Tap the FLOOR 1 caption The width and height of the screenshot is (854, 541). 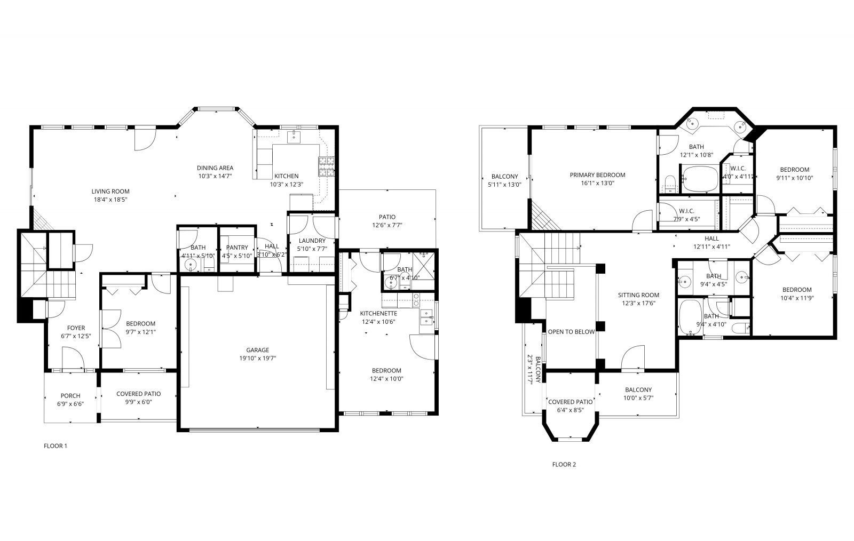[x=56, y=445]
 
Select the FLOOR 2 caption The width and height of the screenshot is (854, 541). [x=564, y=464]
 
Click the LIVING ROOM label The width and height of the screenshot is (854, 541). [x=110, y=192]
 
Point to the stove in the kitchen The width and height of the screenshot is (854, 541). [x=327, y=167]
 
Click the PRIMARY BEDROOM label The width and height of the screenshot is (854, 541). [x=597, y=175]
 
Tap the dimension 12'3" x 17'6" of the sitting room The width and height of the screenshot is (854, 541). [x=638, y=303]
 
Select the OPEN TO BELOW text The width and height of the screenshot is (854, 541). [x=571, y=332]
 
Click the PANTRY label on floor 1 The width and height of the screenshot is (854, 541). [x=237, y=248]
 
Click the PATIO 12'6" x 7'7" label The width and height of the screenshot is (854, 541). [x=387, y=217]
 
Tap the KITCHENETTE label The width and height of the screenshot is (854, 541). [x=378, y=313]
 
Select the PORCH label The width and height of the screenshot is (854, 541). [x=70, y=396]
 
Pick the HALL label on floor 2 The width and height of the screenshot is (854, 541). [x=711, y=238]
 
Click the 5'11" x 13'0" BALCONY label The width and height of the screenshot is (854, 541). [x=504, y=177]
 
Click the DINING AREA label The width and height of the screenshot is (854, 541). [x=215, y=168]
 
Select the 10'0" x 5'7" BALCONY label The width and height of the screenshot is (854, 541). [x=638, y=390]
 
